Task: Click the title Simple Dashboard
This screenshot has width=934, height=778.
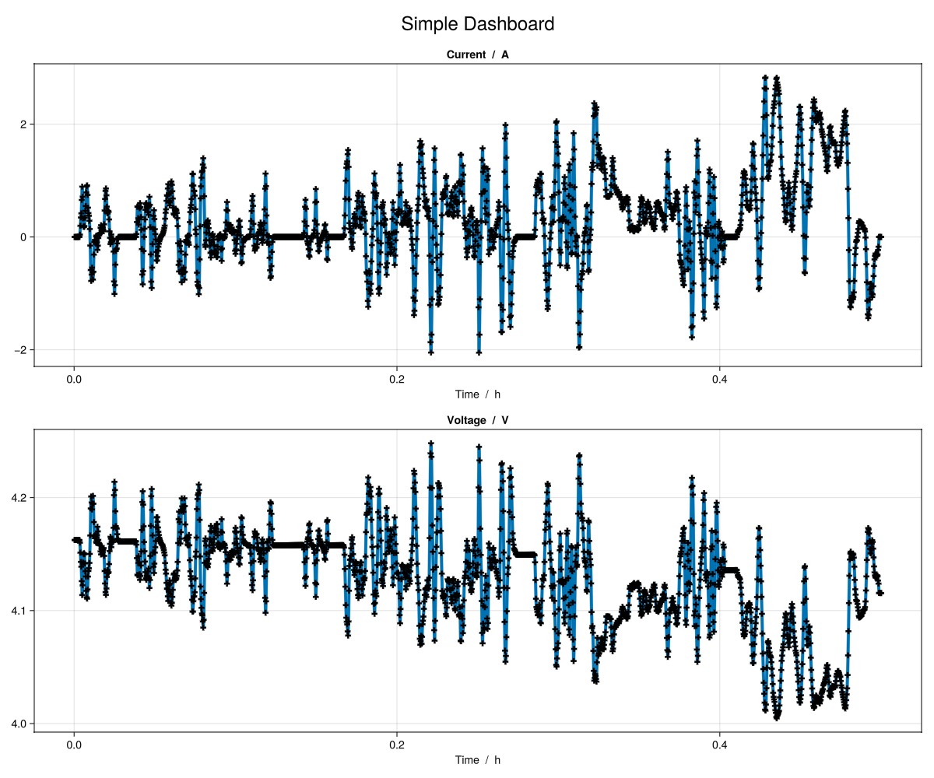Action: (x=477, y=24)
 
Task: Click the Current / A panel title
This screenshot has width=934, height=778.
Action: (x=477, y=54)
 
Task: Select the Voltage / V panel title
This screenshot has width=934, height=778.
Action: (x=477, y=420)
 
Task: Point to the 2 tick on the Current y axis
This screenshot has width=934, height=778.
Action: (x=23, y=124)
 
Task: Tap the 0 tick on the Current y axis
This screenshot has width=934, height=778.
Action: (x=23, y=237)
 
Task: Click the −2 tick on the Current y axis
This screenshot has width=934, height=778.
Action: (x=19, y=350)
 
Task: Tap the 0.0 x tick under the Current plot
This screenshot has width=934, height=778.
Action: (x=74, y=380)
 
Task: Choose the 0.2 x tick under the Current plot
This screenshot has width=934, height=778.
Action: (x=397, y=380)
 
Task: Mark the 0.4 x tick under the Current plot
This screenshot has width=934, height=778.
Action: (x=720, y=380)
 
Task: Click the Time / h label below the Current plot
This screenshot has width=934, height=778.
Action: (x=477, y=394)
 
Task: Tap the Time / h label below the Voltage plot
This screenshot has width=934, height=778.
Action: (x=477, y=760)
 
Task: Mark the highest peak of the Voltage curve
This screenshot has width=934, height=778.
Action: (x=430, y=443)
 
